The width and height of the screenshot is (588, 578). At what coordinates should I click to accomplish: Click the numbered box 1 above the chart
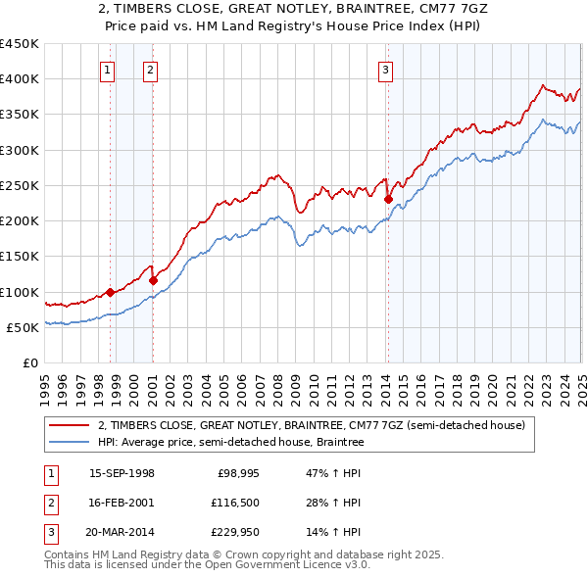pos(106,70)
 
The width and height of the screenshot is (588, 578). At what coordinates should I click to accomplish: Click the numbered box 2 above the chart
pos(149,70)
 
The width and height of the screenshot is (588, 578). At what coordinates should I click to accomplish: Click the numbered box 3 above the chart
pos(386,70)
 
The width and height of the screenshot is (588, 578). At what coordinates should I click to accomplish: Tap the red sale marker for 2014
pos(389,200)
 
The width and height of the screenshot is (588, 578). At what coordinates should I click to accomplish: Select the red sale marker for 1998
pos(111,292)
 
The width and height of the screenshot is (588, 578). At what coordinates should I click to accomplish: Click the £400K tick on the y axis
pos(20,79)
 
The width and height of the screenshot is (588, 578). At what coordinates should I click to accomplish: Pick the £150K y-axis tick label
pos(20,257)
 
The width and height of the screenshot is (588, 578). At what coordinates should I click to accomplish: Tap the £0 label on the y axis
pos(29,362)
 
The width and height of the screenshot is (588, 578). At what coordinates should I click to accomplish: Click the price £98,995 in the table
pos(238,473)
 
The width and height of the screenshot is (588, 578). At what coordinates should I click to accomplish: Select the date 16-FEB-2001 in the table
pos(122,503)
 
